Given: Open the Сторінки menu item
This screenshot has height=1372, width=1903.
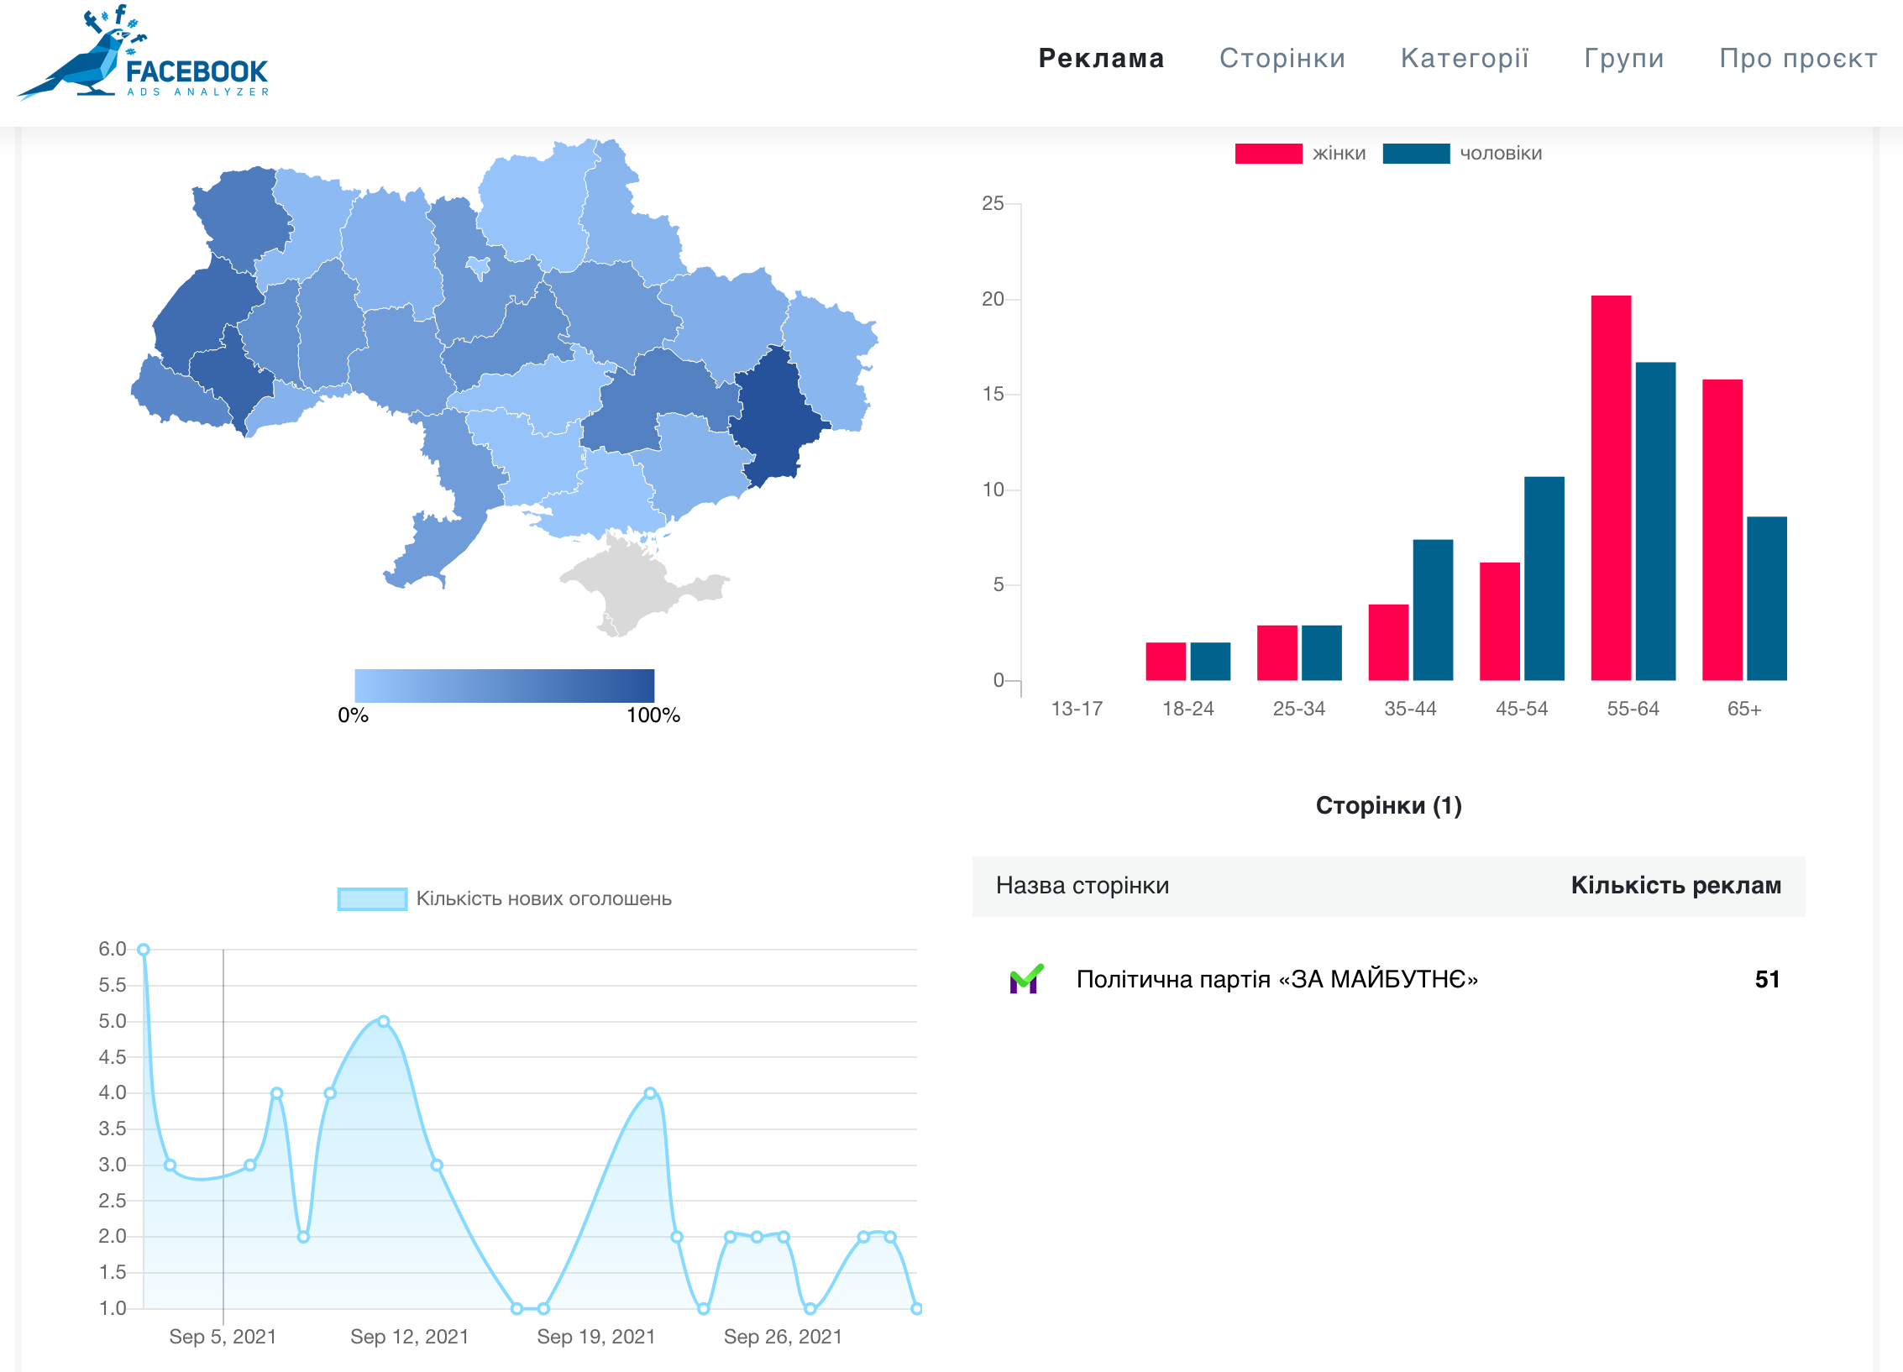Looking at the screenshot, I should coord(1282,58).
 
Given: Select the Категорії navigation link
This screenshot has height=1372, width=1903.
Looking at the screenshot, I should coord(1465,58).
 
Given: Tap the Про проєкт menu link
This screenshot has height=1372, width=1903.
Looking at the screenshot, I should coord(1797,58).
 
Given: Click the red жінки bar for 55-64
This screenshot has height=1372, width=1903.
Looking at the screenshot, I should coord(1610,487).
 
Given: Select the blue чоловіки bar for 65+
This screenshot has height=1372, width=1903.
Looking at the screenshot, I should coord(1766,598).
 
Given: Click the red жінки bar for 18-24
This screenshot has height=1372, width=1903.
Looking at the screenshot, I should coord(1165,661).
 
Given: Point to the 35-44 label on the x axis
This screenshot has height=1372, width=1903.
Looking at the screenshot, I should coord(1410,709).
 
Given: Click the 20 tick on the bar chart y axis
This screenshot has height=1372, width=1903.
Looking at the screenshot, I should coord(993,299).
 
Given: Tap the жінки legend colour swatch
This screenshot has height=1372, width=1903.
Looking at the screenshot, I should coord(1267,154).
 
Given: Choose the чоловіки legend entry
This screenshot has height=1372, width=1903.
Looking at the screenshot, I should coord(1500,154).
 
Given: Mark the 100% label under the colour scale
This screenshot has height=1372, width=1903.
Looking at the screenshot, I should coord(653,715).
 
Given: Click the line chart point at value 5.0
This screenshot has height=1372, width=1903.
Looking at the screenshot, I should coord(383,1021).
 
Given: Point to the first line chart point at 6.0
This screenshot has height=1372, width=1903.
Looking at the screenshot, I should coord(144,950).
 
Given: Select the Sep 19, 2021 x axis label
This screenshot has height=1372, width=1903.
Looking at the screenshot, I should coord(595,1336).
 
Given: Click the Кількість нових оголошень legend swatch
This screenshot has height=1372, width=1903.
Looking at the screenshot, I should coord(371,898).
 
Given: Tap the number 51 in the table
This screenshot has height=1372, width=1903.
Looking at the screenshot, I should coord(1766,979).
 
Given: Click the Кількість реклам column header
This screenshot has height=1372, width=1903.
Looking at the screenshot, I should coord(1675,885).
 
